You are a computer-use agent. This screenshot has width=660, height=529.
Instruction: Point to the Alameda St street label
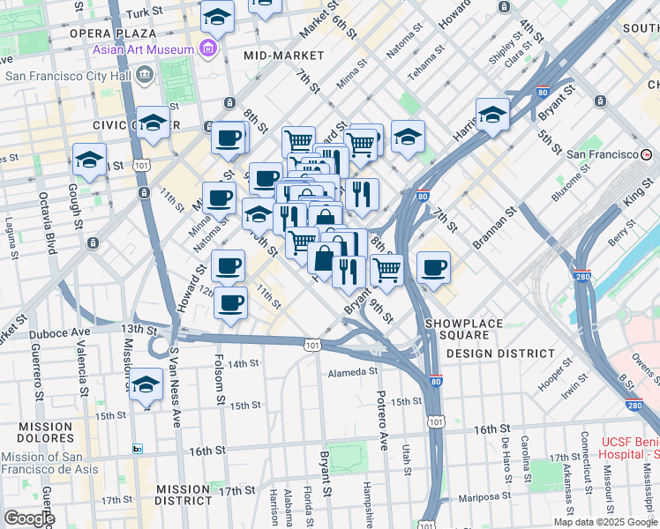pos(352,373)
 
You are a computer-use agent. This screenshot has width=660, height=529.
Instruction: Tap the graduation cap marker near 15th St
pos(146,385)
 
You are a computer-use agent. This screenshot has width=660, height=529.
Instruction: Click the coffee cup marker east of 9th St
pos(432,268)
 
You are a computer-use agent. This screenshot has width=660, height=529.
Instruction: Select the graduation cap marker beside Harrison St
pos(492,114)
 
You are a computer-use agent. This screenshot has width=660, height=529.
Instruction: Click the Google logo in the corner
pos(29,518)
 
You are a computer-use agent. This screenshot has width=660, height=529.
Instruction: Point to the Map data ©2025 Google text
pos(604,522)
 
